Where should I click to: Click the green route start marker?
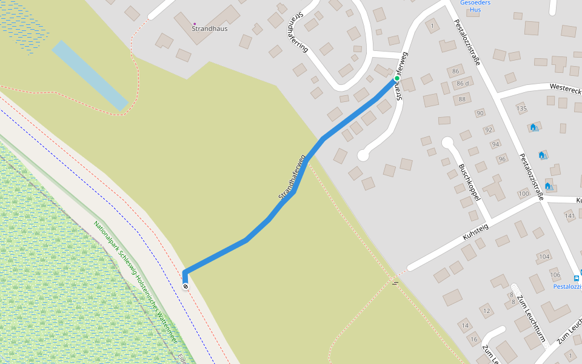[x=397, y=78]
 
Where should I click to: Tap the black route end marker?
[x=186, y=286]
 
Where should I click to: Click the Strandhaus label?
[x=210, y=29]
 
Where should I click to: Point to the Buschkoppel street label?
[x=470, y=182]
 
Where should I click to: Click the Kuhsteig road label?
[x=475, y=231]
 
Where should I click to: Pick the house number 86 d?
[x=463, y=83]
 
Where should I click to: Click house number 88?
[x=462, y=99]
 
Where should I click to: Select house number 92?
[x=489, y=129]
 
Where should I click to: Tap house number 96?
[x=501, y=160]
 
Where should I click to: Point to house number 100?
[x=523, y=194]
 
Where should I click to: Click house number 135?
[x=521, y=109]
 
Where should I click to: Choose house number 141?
[x=569, y=215]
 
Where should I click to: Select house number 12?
[x=486, y=311]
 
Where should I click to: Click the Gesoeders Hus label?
[x=475, y=6]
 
